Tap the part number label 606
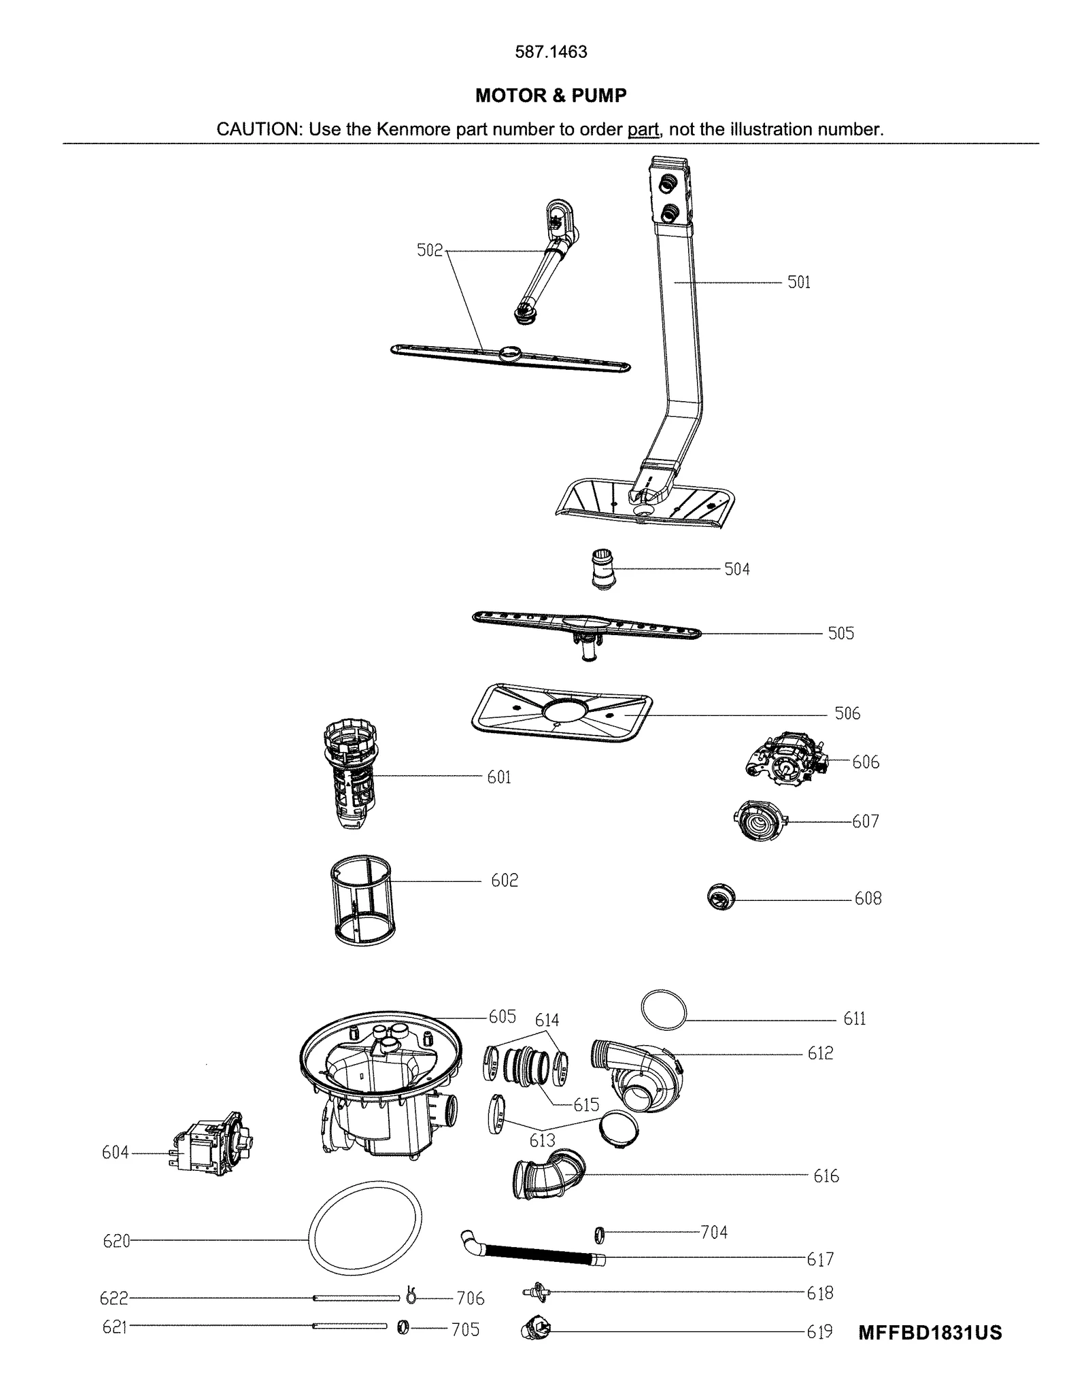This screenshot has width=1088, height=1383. click(865, 762)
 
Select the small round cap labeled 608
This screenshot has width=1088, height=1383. click(721, 898)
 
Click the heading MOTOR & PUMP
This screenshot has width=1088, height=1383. click(550, 96)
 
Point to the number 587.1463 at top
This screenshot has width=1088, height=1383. click(550, 52)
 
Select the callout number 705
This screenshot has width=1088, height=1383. click(465, 1329)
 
